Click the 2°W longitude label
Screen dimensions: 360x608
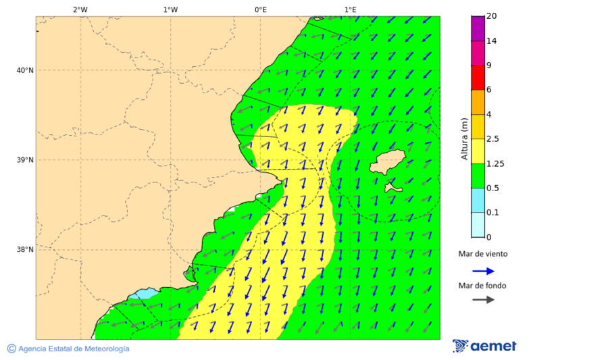[x=80, y=9]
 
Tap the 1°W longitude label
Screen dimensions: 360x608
[x=170, y=9]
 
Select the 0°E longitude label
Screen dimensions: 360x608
[x=260, y=9]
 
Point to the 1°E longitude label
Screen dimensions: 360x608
[x=350, y=9]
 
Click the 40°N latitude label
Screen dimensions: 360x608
[x=25, y=70]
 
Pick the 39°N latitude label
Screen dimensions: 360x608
[x=25, y=160]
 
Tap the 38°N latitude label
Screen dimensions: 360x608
[x=25, y=249]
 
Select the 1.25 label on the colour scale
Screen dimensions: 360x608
[x=496, y=163]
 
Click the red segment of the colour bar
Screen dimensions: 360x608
[x=478, y=77]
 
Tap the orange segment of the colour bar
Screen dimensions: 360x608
[x=478, y=102]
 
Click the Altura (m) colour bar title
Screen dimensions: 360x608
[x=464, y=138]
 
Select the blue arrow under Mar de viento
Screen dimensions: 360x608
[x=483, y=271]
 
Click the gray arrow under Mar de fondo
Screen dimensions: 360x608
[x=483, y=300]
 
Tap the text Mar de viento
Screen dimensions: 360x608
[x=482, y=255]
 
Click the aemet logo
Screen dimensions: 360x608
[x=484, y=346]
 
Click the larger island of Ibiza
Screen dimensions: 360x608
[x=387, y=163]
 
